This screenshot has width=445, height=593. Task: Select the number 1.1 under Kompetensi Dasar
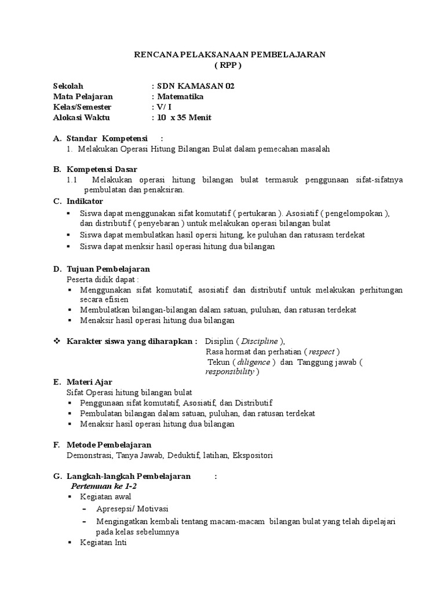click(x=72, y=180)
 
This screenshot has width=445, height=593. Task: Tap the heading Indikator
click(x=85, y=201)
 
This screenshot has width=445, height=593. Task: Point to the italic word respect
click(x=322, y=352)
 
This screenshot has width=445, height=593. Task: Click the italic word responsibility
click(x=230, y=372)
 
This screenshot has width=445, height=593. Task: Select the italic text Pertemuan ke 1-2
click(x=103, y=486)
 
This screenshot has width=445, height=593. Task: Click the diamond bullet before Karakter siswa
click(x=57, y=341)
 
